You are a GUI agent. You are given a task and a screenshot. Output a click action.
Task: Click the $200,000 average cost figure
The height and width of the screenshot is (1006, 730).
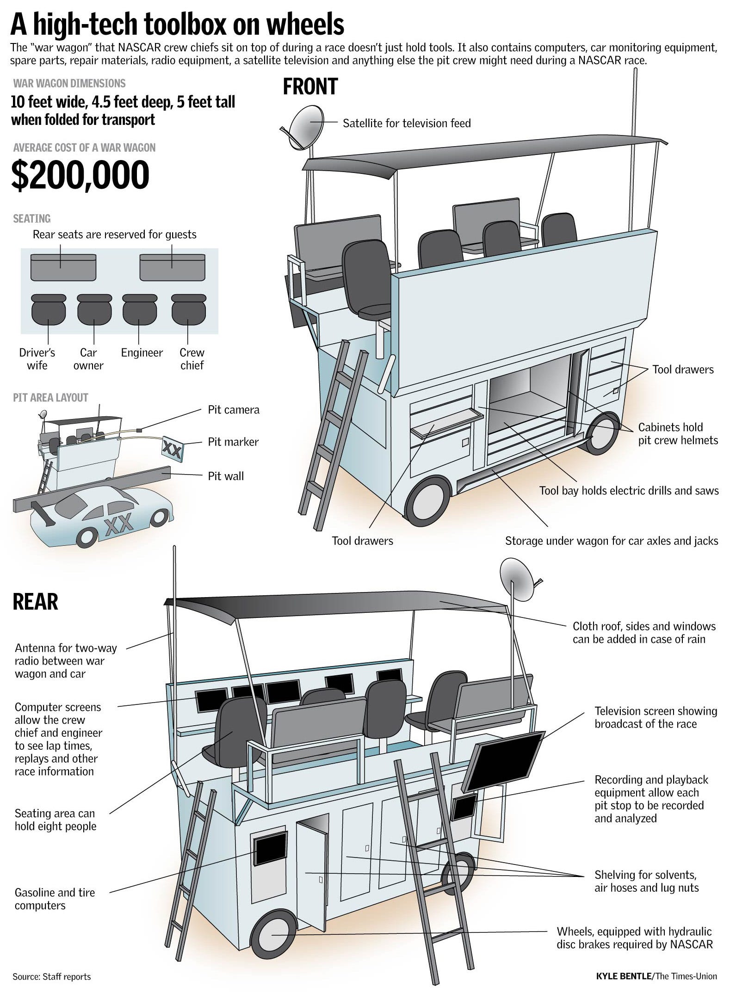(x=80, y=175)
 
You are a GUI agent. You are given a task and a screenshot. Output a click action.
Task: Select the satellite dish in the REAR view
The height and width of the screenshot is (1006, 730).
(x=517, y=579)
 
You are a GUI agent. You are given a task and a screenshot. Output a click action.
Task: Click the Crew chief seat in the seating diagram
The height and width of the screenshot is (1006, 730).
(x=188, y=309)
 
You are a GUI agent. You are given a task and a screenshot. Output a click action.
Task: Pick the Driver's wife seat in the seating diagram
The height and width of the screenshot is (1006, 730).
(x=49, y=309)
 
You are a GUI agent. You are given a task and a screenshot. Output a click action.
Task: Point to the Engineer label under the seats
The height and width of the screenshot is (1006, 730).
(x=142, y=353)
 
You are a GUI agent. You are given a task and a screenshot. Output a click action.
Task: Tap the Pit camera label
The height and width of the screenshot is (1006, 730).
(x=233, y=410)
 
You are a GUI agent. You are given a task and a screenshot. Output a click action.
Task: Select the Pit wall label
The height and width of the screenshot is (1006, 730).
(x=225, y=476)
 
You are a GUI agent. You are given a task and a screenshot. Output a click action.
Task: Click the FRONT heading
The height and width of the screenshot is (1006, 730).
(x=310, y=87)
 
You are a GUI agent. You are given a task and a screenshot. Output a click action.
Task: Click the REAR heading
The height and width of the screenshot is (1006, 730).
(x=35, y=602)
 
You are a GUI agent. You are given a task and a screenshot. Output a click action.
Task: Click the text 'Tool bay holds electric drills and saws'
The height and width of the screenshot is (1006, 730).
(x=629, y=491)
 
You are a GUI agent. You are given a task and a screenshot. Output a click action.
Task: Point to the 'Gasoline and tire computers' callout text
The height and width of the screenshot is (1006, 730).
(x=55, y=899)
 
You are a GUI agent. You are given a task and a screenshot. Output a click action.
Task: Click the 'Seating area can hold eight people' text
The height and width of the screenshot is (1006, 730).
(x=55, y=820)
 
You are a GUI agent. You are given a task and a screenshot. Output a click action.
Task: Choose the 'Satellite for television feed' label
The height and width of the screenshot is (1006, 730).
(x=406, y=123)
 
